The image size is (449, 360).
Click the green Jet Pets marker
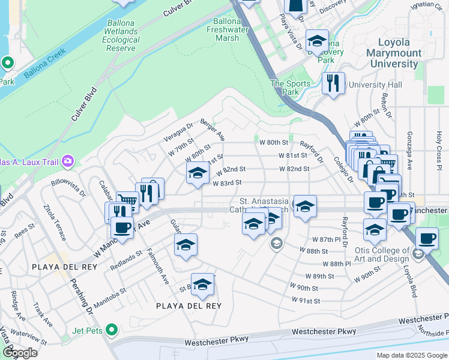point(111,329)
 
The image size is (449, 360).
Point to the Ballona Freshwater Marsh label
point(223,29)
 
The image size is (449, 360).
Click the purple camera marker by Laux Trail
point(68,161)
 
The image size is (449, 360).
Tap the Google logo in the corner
point(20,352)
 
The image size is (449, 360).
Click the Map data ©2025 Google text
point(411,355)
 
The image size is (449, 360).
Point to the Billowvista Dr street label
point(68,185)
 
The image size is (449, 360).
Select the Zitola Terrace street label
point(54,222)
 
